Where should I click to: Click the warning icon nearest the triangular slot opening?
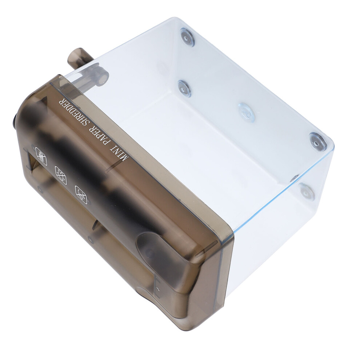pyautogui.click(x=41, y=156)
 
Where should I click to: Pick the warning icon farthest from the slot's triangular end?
pyautogui.click(x=81, y=195)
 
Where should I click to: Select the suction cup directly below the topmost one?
pyautogui.click(x=185, y=89)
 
